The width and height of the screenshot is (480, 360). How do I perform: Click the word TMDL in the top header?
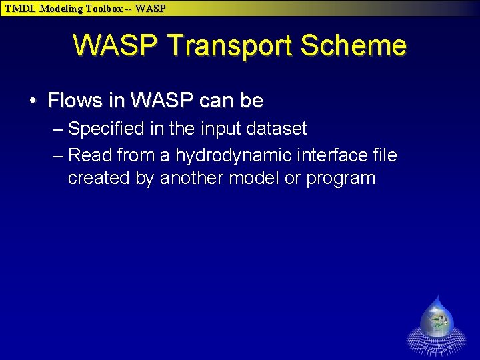21,9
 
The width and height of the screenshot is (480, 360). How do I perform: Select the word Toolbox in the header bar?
105,9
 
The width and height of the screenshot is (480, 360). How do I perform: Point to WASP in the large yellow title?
117,46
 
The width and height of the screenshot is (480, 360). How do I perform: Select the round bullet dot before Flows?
33,101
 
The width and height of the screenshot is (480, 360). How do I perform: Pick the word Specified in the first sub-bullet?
105,128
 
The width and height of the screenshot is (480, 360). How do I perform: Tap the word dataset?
273,128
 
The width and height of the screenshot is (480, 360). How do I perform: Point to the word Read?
91,155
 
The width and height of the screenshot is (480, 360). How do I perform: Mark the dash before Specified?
57,128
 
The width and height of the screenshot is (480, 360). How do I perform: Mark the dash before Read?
57,155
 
